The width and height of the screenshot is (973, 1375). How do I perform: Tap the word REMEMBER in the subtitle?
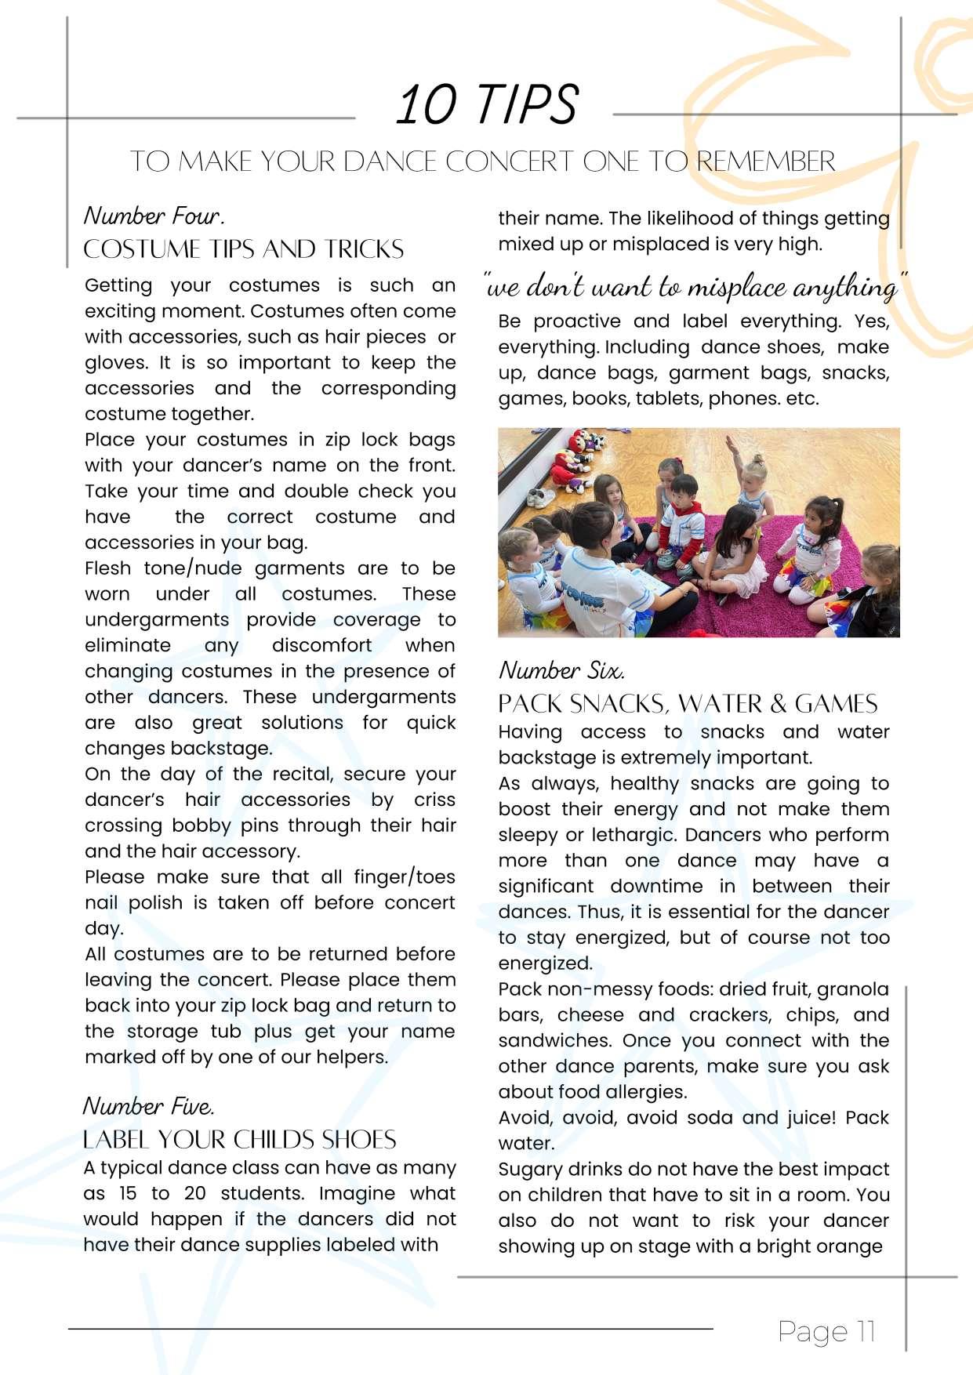tap(766, 161)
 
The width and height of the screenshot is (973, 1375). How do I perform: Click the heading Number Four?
tap(154, 216)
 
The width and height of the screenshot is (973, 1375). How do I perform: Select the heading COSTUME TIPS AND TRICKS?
tap(243, 249)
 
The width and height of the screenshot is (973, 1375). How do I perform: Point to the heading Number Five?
tap(149, 1106)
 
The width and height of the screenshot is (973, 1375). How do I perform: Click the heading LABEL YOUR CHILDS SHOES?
tap(240, 1139)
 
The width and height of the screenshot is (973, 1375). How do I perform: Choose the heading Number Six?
tap(561, 671)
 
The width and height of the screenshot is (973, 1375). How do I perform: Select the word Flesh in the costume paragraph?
tap(108, 568)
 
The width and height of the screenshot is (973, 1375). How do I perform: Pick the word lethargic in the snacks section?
tap(634, 835)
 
